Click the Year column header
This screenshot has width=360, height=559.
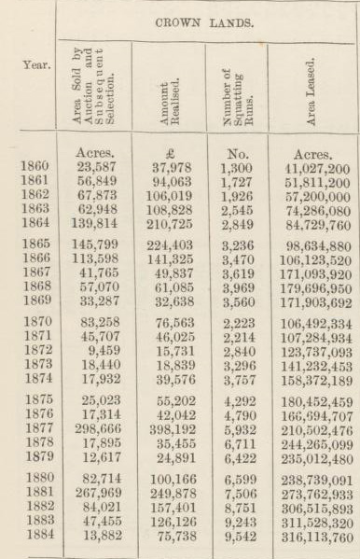coord(30,67)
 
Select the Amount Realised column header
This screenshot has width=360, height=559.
coord(168,90)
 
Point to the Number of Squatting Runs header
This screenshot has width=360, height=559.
coord(236,90)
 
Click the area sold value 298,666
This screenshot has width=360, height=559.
coord(94,428)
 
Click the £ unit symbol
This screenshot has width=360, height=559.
coord(169,149)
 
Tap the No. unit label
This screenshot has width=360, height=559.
coord(238,149)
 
